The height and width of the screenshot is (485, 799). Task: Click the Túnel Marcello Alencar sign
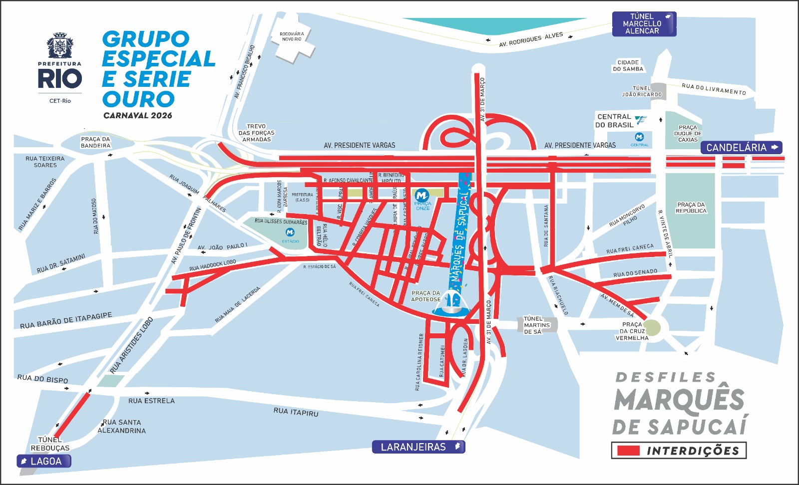pyautogui.click(x=644, y=24)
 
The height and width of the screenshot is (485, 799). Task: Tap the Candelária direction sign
pyautogui.click(x=741, y=148)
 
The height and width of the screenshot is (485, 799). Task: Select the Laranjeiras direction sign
pyautogui.click(x=418, y=447)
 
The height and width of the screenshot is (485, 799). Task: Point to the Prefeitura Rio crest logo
pyautogui.click(x=60, y=46)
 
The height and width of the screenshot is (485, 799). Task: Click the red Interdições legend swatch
pyautogui.click(x=628, y=451)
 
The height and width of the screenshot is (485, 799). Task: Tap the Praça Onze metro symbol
pyautogui.click(x=422, y=196)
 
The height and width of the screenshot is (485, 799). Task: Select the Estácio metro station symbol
pyautogui.click(x=290, y=233)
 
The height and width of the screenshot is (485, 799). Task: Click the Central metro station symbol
pyautogui.click(x=639, y=137)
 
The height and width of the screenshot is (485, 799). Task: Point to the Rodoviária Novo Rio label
pyautogui.click(x=292, y=36)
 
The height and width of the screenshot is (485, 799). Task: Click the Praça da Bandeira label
pyautogui.click(x=95, y=142)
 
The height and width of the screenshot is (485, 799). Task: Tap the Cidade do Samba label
pyautogui.click(x=628, y=66)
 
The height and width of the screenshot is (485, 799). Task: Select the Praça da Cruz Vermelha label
pyautogui.click(x=632, y=331)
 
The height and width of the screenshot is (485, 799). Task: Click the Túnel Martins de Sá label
pyautogui.click(x=536, y=325)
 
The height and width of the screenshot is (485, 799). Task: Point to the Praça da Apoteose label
pyautogui.click(x=426, y=296)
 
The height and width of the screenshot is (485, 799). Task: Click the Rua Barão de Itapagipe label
pyautogui.click(x=66, y=320)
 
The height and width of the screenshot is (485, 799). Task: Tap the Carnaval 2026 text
pyautogui.click(x=138, y=115)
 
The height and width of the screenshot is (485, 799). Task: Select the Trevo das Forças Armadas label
pyautogui.click(x=256, y=133)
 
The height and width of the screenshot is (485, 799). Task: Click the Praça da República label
pyautogui.click(x=691, y=208)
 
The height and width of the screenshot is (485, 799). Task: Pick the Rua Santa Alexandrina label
pyautogui.click(x=122, y=426)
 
